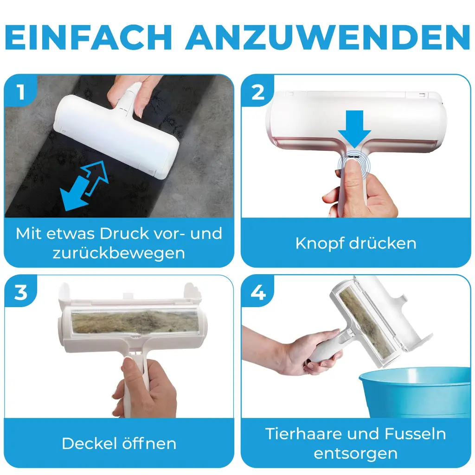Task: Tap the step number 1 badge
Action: tap(20, 91)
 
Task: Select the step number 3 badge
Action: tap(20, 292)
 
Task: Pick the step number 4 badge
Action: tap(258, 293)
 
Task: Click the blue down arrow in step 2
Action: tap(354, 129)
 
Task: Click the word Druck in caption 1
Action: tap(125, 234)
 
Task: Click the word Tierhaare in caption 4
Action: tap(304, 434)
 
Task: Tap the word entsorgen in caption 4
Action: tap(356, 454)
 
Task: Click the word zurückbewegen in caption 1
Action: tap(119, 253)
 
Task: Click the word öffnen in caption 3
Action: tap(149, 444)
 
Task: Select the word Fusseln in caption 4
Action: tap(415, 434)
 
